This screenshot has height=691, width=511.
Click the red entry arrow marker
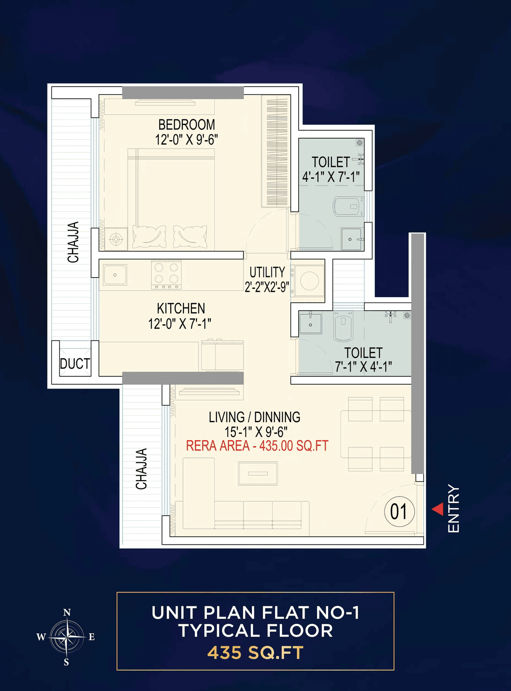click(x=438, y=509)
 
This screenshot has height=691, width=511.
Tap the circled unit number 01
click(x=399, y=512)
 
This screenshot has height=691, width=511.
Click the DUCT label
click(x=75, y=364)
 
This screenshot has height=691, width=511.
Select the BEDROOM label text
click(x=186, y=125)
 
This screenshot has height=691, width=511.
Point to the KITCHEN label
click(x=181, y=308)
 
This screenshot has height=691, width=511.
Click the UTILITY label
click(x=267, y=272)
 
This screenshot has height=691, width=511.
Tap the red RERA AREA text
click(x=257, y=446)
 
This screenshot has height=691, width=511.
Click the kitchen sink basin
click(x=115, y=275)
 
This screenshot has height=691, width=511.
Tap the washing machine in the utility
click(x=309, y=280)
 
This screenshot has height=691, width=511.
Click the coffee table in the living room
click(x=258, y=473)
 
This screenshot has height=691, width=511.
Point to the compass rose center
click(x=67, y=636)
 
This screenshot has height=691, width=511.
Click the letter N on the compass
click(x=67, y=612)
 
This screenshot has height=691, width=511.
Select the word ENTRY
click(x=454, y=508)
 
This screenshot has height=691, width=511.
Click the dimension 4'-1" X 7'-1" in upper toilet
click(x=331, y=177)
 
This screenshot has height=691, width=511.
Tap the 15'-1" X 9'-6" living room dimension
click(x=256, y=432)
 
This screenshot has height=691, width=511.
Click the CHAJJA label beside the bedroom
click(x=73, y=242)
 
